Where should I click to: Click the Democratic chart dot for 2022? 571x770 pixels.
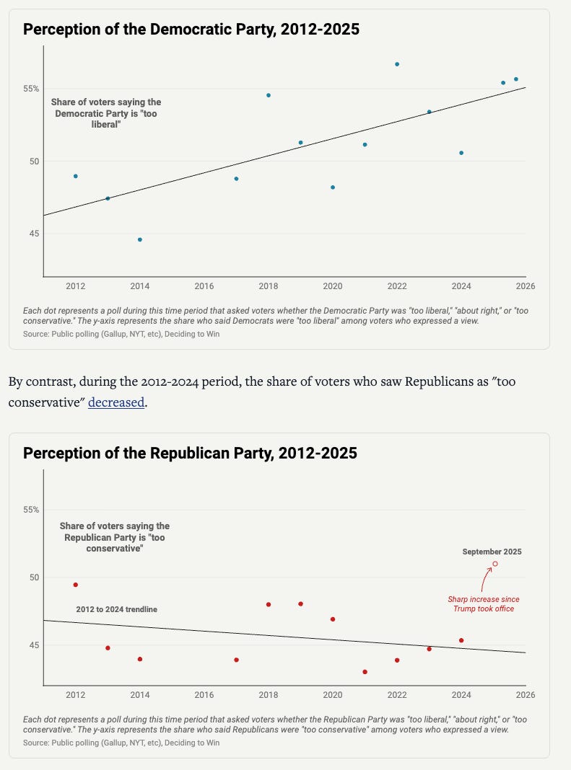pos(397,64)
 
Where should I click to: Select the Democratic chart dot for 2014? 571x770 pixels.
pos(140,239)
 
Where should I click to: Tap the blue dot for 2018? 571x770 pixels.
pos(269,95)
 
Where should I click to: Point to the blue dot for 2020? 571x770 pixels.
pos(333,187)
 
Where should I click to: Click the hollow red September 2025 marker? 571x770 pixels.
pos(495,564)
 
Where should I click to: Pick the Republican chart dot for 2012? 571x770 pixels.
pos(76,585)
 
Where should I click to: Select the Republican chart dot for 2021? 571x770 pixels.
pos(365,672)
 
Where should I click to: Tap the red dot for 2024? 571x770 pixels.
pos(461,640)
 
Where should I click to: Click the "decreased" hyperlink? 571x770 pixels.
pos(116,402)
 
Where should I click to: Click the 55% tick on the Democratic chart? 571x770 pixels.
pos(31,89)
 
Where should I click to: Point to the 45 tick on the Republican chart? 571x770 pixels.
pos(31,645)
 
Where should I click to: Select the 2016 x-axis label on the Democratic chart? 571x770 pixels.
pos(204,286)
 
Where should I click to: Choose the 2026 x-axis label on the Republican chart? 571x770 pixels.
pos(525,696)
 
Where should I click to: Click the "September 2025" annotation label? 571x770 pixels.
pos(492,552)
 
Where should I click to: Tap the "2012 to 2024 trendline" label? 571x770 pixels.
pos(117,609)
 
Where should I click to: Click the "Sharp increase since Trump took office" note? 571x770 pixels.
pos(483,604)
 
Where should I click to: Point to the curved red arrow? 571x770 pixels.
pos(485,579)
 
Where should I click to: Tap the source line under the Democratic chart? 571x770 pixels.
pos(121,334)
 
